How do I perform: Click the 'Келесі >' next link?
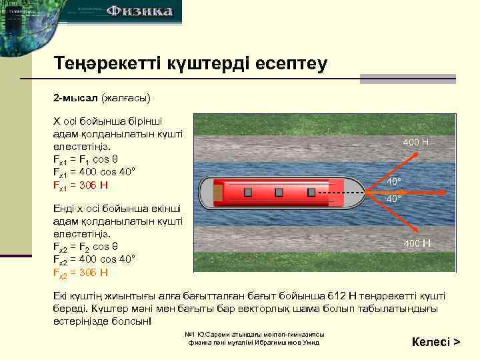click(436, 342)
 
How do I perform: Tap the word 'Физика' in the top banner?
click(140, 11)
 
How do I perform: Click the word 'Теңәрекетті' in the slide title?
click(107, 64)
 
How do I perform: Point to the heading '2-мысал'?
click(76, 98)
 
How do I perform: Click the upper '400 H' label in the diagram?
click(416, 143)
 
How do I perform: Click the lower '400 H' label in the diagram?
click(417, 243)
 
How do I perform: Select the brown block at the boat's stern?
click(218, 192)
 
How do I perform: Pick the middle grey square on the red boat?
click(279, 192)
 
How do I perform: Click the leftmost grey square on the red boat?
click(247, 192)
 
